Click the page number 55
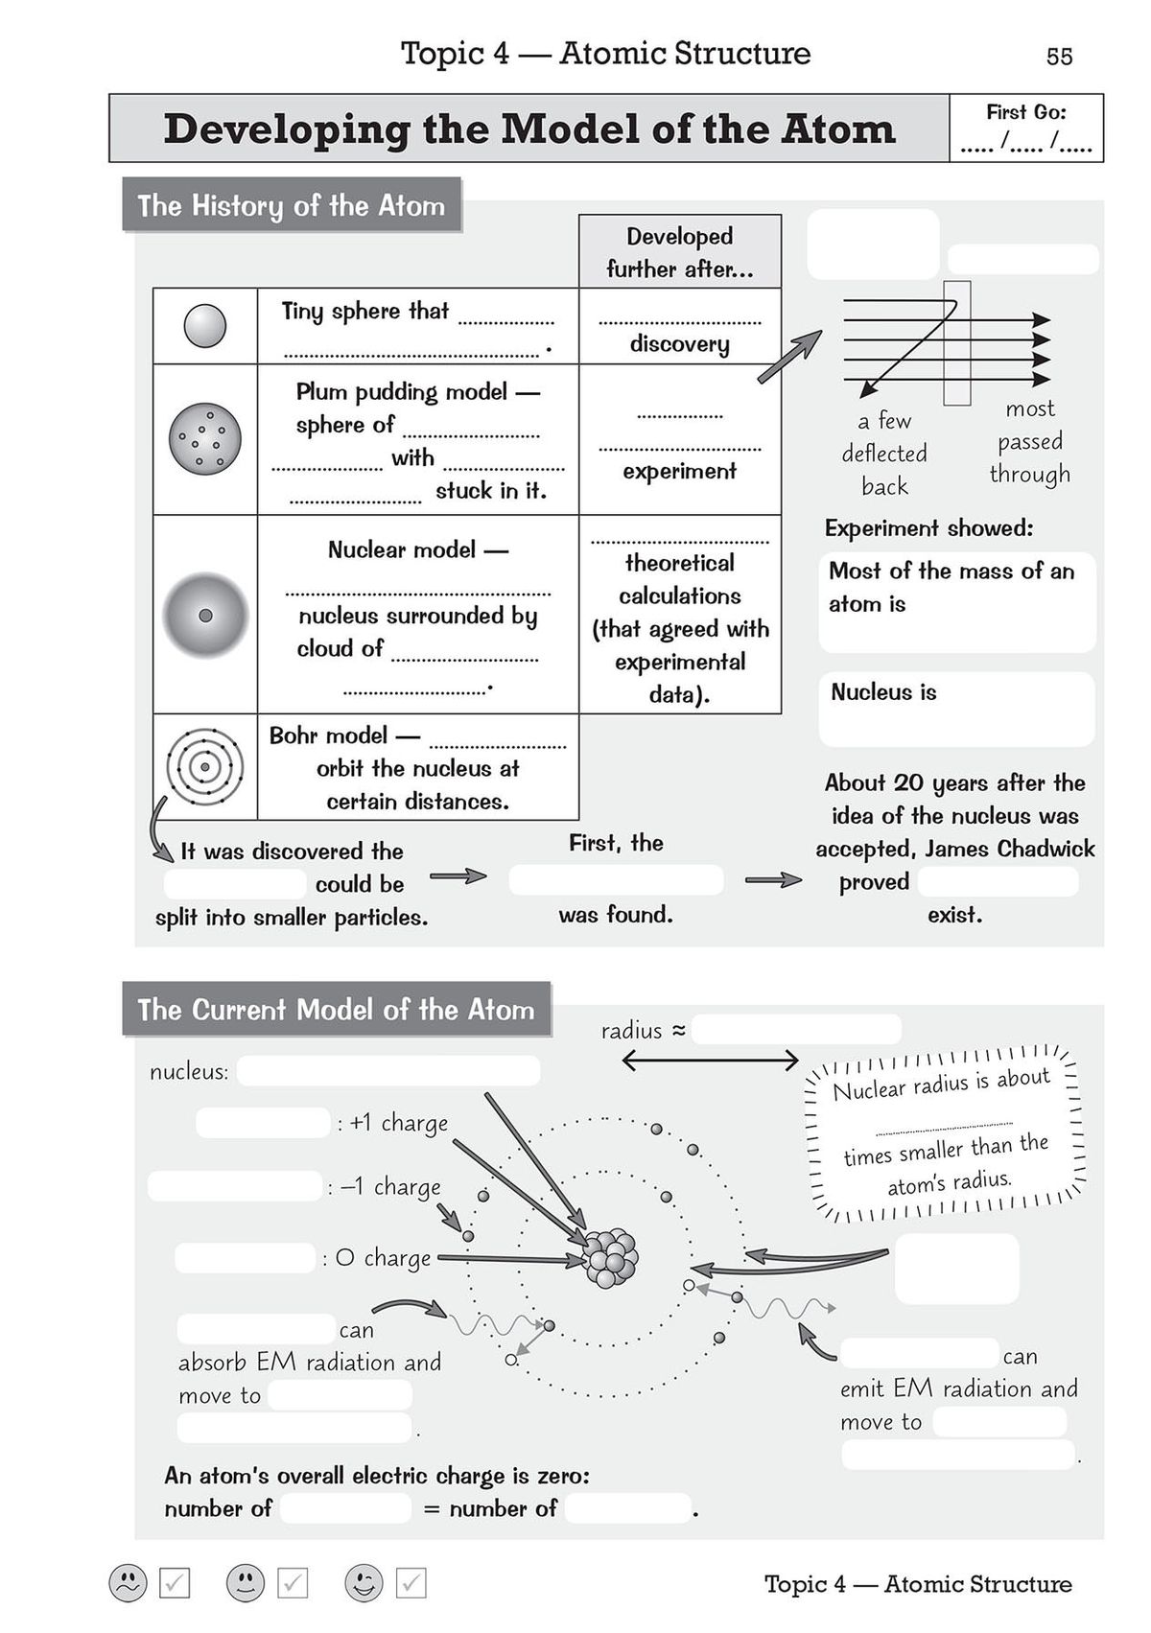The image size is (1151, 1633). (1059, 57)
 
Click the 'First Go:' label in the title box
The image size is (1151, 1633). (1025, 112)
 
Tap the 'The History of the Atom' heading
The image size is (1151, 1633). (292, 205)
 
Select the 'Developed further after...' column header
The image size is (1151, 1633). (679, 252)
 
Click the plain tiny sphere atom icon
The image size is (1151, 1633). (204, 326)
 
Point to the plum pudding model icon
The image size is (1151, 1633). (203, 439)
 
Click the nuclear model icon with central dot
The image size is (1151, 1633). (204, 616)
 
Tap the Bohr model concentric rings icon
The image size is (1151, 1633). (204, 767)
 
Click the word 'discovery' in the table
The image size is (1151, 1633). (679, 343)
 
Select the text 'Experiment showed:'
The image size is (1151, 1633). (928, 528)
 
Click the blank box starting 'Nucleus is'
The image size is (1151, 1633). (956, 709)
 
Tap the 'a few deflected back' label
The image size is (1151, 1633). (884, 454)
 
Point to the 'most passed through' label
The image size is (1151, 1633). (1029, 441)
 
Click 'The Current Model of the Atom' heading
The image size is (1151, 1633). (336, 1010)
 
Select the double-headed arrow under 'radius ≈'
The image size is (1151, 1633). (710, 1060)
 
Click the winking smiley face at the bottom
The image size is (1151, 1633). (364, 1583)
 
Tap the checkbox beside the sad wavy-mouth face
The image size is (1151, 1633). (175, 1583)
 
